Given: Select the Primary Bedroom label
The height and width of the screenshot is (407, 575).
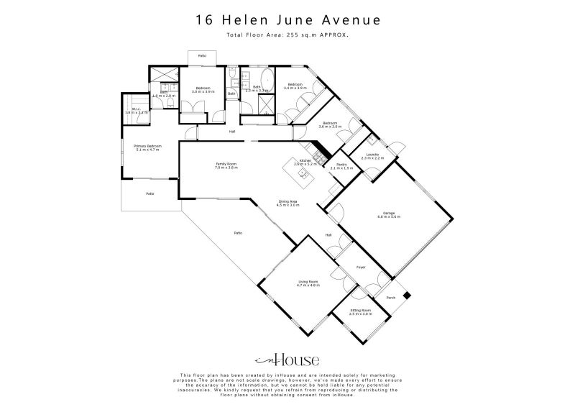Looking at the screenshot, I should pyautogui.click(x=147, y=146).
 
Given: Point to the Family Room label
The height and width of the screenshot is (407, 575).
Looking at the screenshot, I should pyautogui.click(x=226, y=165).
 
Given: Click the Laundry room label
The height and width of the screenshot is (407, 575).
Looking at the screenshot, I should pyautogui.click(x=372, y=154).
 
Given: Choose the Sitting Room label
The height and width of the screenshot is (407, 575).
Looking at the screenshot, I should pyautogui.click(x=359, y=310).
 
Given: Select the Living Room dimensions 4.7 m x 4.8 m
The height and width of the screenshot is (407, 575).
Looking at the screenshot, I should pyautogui.click(x=308, y=285).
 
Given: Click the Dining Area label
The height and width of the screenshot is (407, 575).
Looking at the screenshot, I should pyautogui.click(x=287, y=202).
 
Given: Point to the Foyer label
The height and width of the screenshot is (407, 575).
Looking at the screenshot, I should pyautogui.click(x=361, y=267).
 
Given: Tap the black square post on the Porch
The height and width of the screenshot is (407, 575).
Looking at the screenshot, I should pyautogui.click(x=407, y=293).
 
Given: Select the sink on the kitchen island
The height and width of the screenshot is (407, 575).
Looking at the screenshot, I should pyautogui.click(x=304, y=173).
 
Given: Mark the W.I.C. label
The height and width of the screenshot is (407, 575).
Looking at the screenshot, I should pyautogui.click(x=135, y=110).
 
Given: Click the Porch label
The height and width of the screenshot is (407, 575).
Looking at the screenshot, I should pyautogui.click(x=391, y=297).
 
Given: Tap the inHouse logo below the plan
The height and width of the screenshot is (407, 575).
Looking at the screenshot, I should pyautogui.click(x=287, y=360).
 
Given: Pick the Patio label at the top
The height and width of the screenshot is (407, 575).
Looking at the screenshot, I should pyautogui.click(x=203, y=55).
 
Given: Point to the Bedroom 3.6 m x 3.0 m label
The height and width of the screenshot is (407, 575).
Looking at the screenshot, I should pyautogui.click(x=330, y=124).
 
